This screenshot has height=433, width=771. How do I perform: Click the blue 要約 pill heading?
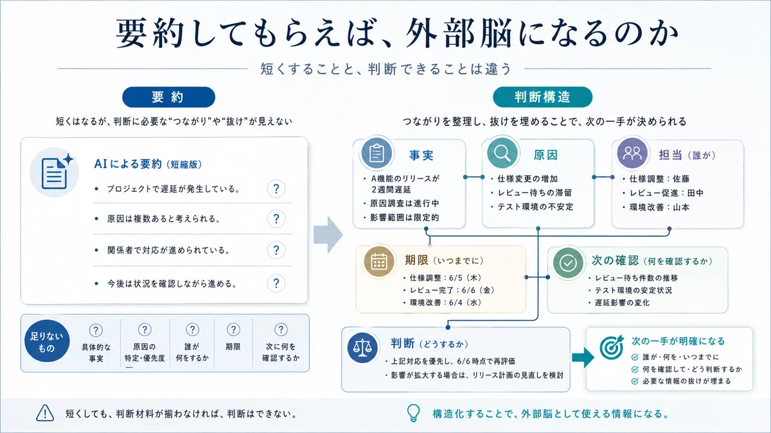click(x=168, y=97)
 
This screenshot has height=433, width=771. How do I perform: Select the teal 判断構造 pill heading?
click(x=542, y=97)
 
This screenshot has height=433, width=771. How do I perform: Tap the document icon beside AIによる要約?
click(x=55, y=172)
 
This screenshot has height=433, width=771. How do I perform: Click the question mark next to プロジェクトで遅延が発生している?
click(x=276, y=189)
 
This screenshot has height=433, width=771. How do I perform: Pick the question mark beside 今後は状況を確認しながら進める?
click(x=276, y=283)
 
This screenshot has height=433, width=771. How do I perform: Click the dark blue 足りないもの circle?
click(x=47, y=341)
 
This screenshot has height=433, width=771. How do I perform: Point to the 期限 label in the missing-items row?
click(x=233, y=347)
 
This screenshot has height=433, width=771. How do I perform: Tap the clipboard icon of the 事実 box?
click(x=377, y=153)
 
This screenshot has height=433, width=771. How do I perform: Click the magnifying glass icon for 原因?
click(x=502, y=153)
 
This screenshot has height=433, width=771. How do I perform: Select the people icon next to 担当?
click(x=632, y=153)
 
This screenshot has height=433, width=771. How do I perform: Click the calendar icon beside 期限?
click(x=379, y=262)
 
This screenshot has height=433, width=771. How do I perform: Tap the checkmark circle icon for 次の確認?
click(x=568, y=263)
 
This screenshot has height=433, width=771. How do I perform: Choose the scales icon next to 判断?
click(x=362, y=348)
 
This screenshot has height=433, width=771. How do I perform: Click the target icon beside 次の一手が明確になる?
click(x=612, y=347)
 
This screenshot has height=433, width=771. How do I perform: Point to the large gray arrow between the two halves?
click(x=328, y=235)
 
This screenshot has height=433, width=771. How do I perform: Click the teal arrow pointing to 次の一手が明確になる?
click(x=583, y=357)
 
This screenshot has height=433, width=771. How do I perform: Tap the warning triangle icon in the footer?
click(x=45, y=412)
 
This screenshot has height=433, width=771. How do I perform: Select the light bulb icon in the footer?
click(x=413, y=412)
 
